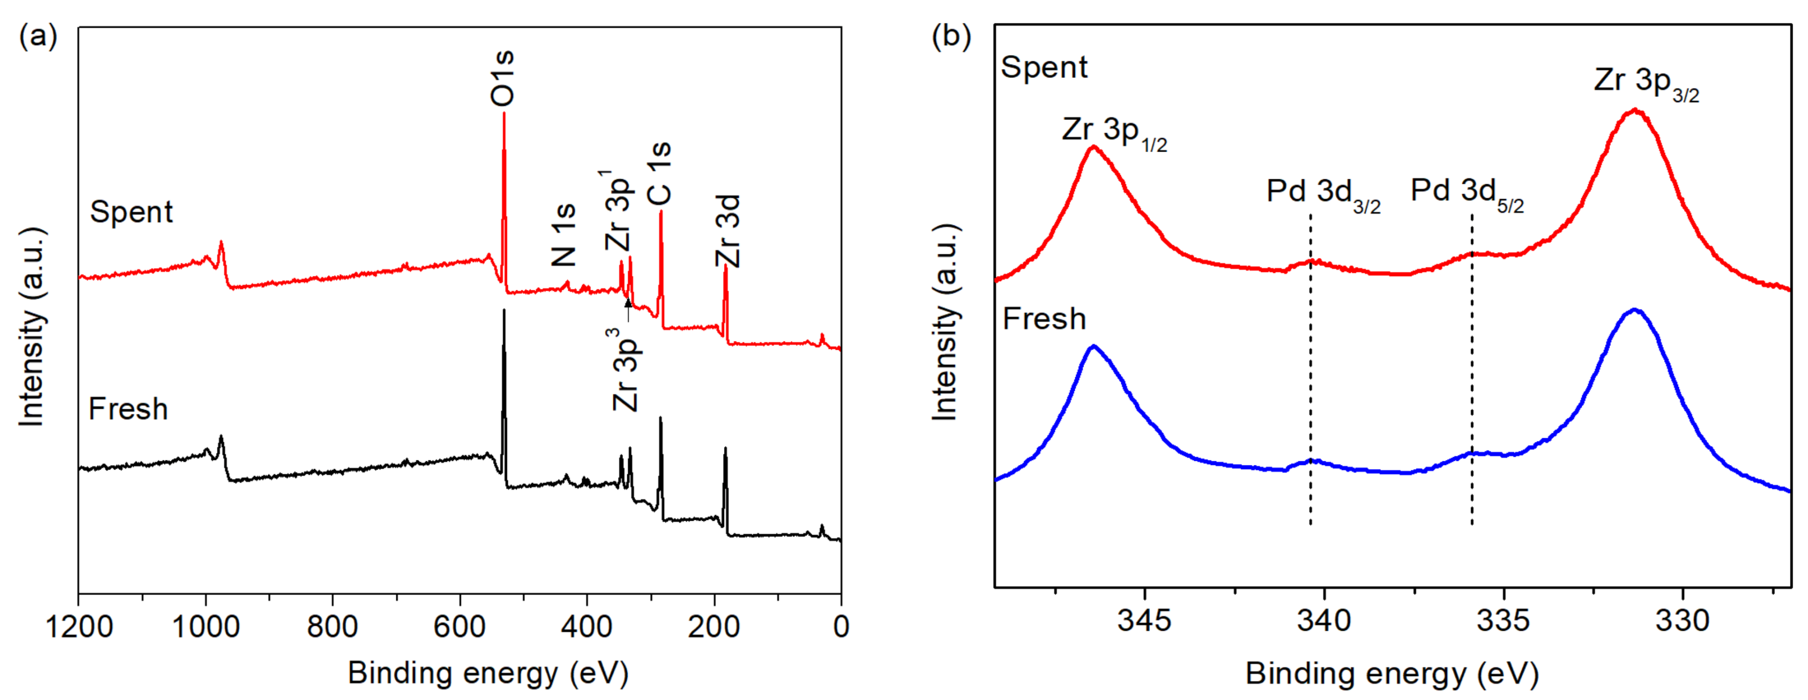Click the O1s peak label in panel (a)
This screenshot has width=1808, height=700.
click(502, 79)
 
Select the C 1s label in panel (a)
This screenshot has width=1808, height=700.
click(660, 174)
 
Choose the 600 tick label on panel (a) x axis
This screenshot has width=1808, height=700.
click(460, 626)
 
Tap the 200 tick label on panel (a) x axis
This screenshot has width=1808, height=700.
click(714, 626)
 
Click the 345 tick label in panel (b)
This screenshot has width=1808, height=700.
click(1145, 621)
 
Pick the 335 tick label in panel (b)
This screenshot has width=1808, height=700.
click(1503, 621)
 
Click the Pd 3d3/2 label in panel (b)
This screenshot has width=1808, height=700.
click(1323, 193)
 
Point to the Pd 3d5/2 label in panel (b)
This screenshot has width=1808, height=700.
click(1467, 193)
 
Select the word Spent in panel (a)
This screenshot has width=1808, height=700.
click(131, 212)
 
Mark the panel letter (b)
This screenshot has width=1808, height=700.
click(951, 35)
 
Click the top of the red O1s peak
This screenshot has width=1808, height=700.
click(504, 114)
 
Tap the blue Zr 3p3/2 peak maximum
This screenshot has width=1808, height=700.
click(1634, 310)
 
